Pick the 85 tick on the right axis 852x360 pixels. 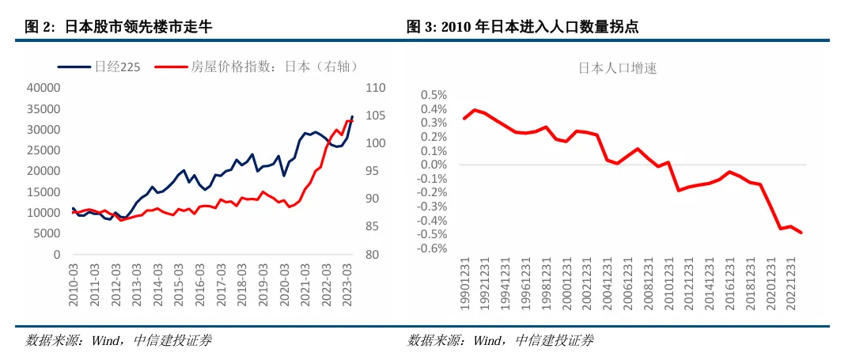point(372,227)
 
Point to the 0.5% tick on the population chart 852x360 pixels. point(434,95)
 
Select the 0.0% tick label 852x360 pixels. point(434,165)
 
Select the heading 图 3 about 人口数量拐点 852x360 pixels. point(523,27)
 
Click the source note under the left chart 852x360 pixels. point(119,341)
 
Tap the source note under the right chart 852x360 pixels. point(500,341)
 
